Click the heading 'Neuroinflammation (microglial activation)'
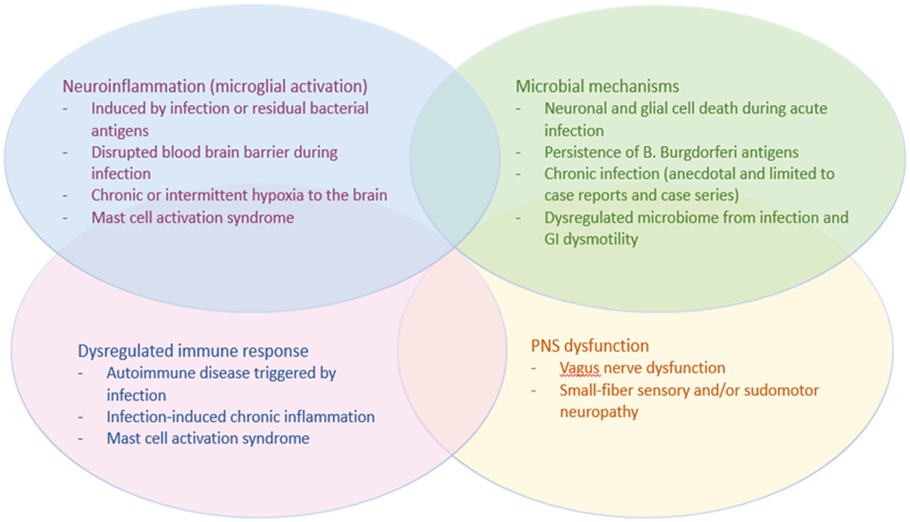(x=215, y=87)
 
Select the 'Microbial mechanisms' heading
(x=597, y=86)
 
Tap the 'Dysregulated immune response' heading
(x=193, y=351)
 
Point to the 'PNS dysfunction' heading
(x=590, y=346)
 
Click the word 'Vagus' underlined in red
(x=580, y=368)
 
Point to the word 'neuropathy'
(x=599, y=413)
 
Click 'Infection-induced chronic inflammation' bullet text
(x=240, y=417)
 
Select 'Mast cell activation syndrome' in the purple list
(x=193, y=218)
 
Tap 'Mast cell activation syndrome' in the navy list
(x=208, y=438)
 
